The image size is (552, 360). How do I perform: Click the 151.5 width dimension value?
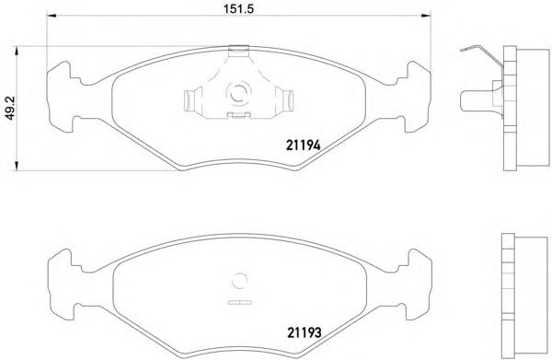238,8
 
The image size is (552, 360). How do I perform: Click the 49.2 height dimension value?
10,109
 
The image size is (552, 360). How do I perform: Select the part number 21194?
303,145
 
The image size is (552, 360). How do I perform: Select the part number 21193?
305,332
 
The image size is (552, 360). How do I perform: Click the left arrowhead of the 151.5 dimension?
52,16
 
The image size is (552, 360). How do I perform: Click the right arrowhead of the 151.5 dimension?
426,16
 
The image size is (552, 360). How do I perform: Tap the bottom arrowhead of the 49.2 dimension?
16,167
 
